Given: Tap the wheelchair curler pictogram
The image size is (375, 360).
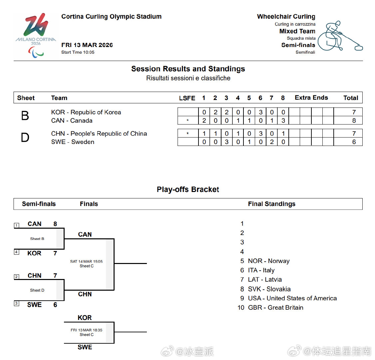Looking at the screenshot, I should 340,36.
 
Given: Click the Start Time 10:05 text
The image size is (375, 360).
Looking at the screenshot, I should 78,52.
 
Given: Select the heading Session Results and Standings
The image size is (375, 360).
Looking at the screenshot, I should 188,69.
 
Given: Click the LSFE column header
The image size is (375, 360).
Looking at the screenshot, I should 187,98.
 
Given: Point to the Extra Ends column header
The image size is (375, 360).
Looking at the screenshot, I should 311,98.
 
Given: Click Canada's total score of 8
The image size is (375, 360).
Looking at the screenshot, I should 354,121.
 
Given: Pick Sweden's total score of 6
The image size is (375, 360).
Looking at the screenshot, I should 354,142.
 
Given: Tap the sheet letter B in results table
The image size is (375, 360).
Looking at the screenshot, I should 25,116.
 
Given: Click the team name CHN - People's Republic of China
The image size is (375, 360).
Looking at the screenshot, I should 99,134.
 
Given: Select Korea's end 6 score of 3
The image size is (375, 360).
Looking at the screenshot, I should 260,112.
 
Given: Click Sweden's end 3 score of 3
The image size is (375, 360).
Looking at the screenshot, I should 226,142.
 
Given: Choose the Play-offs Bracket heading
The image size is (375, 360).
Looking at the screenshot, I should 188,190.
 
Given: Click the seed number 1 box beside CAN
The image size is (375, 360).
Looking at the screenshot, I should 16,226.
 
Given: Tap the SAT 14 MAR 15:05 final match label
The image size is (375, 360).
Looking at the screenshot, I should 86,261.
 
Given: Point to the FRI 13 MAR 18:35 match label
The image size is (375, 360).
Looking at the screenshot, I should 86,330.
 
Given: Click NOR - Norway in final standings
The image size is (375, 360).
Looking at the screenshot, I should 268,261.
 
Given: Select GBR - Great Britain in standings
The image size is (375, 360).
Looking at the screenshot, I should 275,308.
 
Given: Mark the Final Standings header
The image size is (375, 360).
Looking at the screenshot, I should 271,204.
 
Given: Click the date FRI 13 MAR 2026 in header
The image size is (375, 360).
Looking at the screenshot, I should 87,45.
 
